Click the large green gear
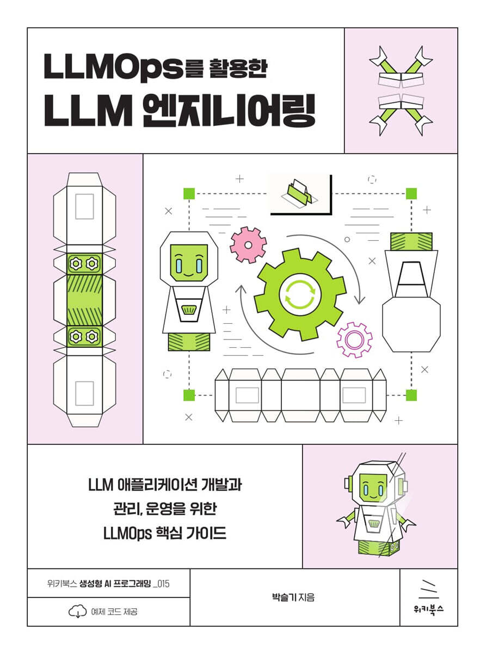(300, 295)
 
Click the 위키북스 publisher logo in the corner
(428, 597)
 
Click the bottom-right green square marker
(411, 395)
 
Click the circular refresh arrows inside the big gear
(300, 295)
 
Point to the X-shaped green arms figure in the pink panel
(400, 90)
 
